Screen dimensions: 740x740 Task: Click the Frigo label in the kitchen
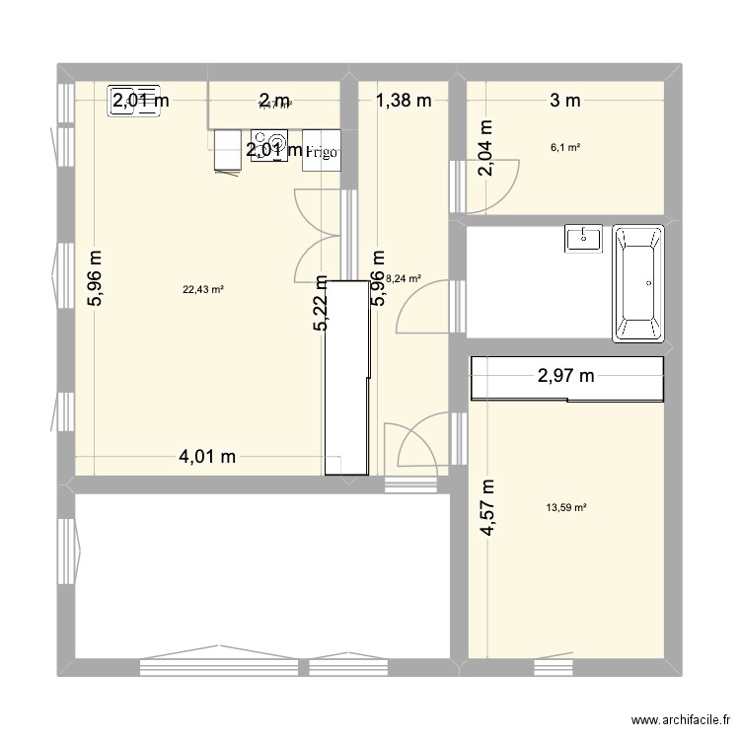tap(323, 153)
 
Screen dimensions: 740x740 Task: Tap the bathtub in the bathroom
tap(639, 283)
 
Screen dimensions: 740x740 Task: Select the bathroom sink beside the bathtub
tap(584, 238)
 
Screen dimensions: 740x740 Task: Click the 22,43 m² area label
tap(203, 289)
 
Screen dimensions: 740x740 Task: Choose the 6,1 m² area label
tap(565, 148)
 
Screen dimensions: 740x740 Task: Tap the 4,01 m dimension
tap(207, 456)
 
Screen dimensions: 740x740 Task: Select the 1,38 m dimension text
tap(404, 99)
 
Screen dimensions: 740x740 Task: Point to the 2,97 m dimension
tap(566, 375)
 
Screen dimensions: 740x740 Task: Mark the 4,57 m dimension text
tap(487, 508)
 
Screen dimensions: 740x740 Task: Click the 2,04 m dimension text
tap(486, 148)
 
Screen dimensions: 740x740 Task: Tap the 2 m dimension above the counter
tap(274, 99)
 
